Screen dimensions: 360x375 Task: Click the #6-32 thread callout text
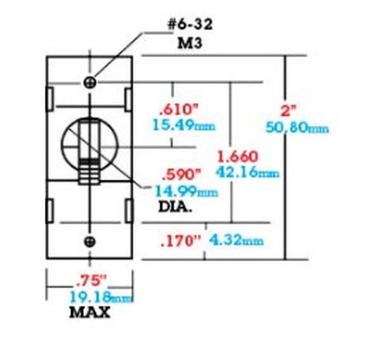[189, 25]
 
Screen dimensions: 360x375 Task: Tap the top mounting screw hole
[90, 82]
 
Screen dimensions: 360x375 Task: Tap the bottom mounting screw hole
[90, 241]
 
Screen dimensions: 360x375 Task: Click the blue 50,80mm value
[297, 128]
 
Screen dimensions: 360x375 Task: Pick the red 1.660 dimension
[237, 155]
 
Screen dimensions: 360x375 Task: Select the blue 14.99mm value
[186, 192]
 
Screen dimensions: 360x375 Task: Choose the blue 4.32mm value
[236, 241]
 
